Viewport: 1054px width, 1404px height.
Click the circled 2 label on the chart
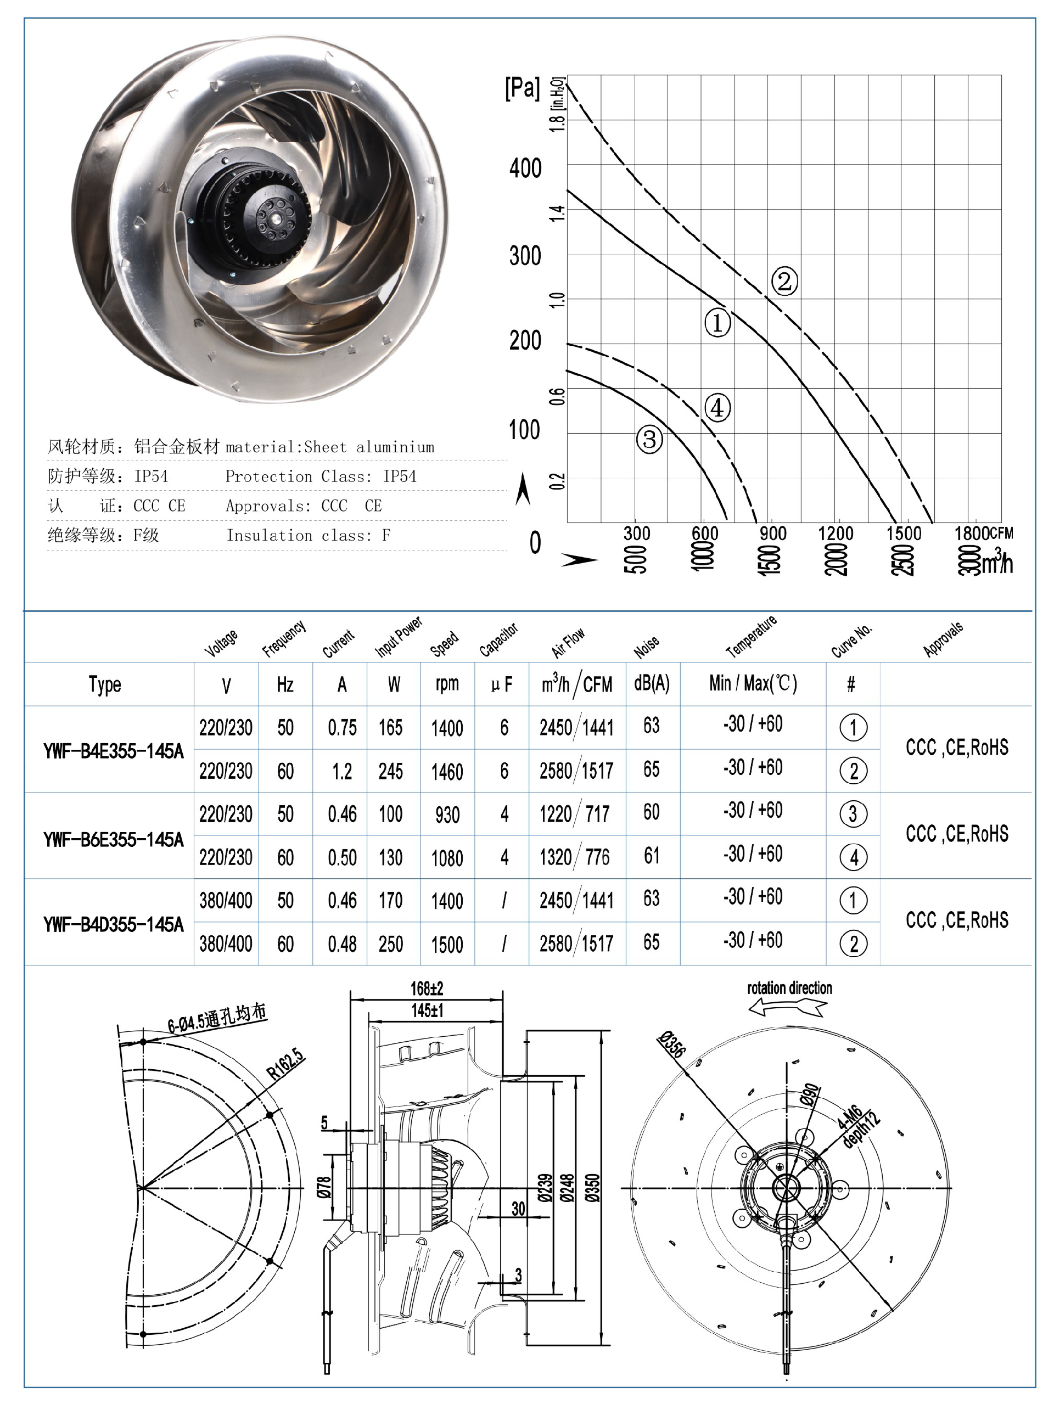click(x=784, y=281)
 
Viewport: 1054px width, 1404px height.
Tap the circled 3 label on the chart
click(x=649, y=439)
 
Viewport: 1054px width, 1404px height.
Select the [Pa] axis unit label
click(x=522, y=88)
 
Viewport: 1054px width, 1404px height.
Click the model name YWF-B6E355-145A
click(x=113, y=840)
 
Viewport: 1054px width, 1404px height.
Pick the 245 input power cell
click(x=390, y=771)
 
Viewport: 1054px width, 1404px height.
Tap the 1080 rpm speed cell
click(x=447, y=858)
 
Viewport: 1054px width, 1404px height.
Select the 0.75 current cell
click(x=341, y=727)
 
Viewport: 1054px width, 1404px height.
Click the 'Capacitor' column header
click(x=498, y=640)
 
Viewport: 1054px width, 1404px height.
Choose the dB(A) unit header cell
click(x=652, y=683)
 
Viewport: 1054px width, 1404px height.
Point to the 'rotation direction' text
click(x=789, y=989)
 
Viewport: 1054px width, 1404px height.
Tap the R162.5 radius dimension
click(x=285, y=1066)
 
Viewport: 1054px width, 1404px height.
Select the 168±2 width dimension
click(x=427, y=989)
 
